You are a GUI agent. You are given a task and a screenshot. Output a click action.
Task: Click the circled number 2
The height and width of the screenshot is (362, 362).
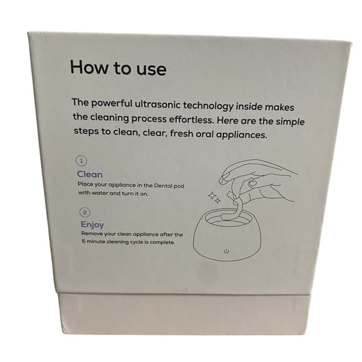[x=83, y=212]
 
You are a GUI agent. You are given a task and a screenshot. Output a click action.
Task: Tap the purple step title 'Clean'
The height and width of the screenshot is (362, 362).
[x=89, y=175]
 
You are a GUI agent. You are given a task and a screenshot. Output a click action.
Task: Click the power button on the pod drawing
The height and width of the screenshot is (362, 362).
[x=226, y=251]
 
